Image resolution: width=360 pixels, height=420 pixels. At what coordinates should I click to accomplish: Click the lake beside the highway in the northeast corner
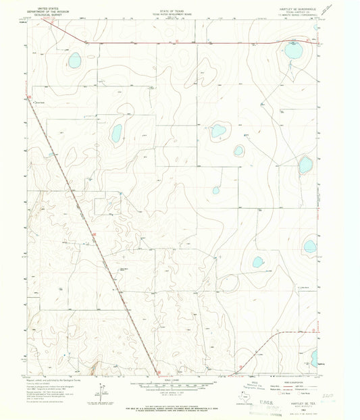[292, 51]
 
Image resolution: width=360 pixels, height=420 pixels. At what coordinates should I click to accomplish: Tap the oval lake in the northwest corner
[74, 61]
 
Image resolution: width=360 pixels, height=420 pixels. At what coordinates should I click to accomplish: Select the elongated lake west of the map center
[116, 132]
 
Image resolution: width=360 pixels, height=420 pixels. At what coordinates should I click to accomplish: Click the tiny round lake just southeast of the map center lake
[238, 151]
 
